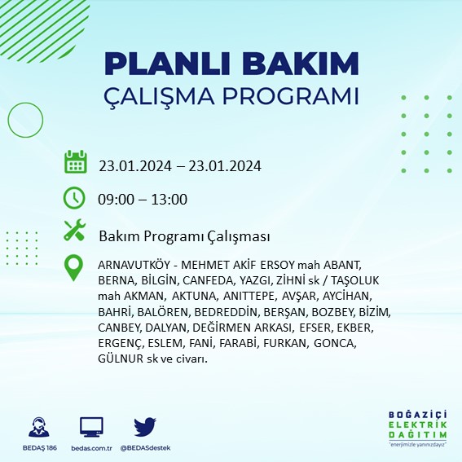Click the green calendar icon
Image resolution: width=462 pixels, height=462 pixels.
[x=75, y=161]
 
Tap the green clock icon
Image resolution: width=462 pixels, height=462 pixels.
[x=75, y=197]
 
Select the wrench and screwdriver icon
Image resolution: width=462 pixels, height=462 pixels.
[x=75, y=231]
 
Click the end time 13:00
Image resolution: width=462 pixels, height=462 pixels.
[x=170, y=200]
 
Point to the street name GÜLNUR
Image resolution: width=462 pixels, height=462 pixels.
[x=120, y=359]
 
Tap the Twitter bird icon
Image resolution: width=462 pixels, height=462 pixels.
[x=145, y=427]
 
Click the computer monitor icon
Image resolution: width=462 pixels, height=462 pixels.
[x=91, y=427]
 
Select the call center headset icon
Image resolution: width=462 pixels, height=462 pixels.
[x=37, y=427]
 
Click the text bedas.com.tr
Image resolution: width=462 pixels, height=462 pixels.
[x=90, y=447]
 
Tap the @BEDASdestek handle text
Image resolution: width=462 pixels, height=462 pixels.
[x=146, y=447]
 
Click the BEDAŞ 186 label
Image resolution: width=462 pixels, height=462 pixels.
[x=37, y=447]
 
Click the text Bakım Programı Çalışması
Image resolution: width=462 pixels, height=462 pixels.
[x=184, y=236]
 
